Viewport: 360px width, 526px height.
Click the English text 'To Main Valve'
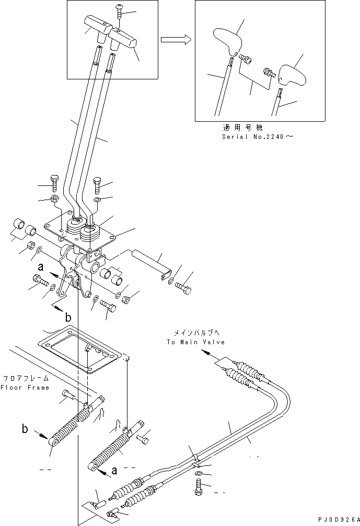pyautogui.click(x=196, y=342)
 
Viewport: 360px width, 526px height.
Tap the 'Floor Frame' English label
pyautogui.click(x=25, y=388)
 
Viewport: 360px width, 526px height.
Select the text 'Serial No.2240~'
pyautogui.click(x=258, y=137)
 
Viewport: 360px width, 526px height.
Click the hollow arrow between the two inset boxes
pyautogui.click(x=174, y=40)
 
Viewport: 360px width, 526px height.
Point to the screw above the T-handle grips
pyautogui.click(x=119, y=9)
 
